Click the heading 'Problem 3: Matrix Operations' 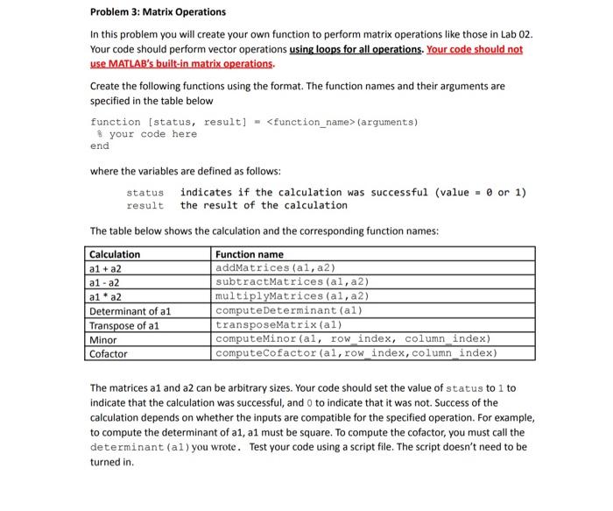click(x=158, y=12)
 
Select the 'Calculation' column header click(x=115, y=254)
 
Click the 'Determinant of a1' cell click(x=130, y=310)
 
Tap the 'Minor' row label click(x=104, y=339)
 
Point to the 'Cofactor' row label click(x=109, y=354)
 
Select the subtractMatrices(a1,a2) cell click(x=292, y=282)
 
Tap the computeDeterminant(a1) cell click(x=288, y=310)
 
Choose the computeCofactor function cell click(x=356, y=354)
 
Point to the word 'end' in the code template click(x=100, y=146)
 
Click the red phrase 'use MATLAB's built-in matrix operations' click(x=182, y=64)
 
